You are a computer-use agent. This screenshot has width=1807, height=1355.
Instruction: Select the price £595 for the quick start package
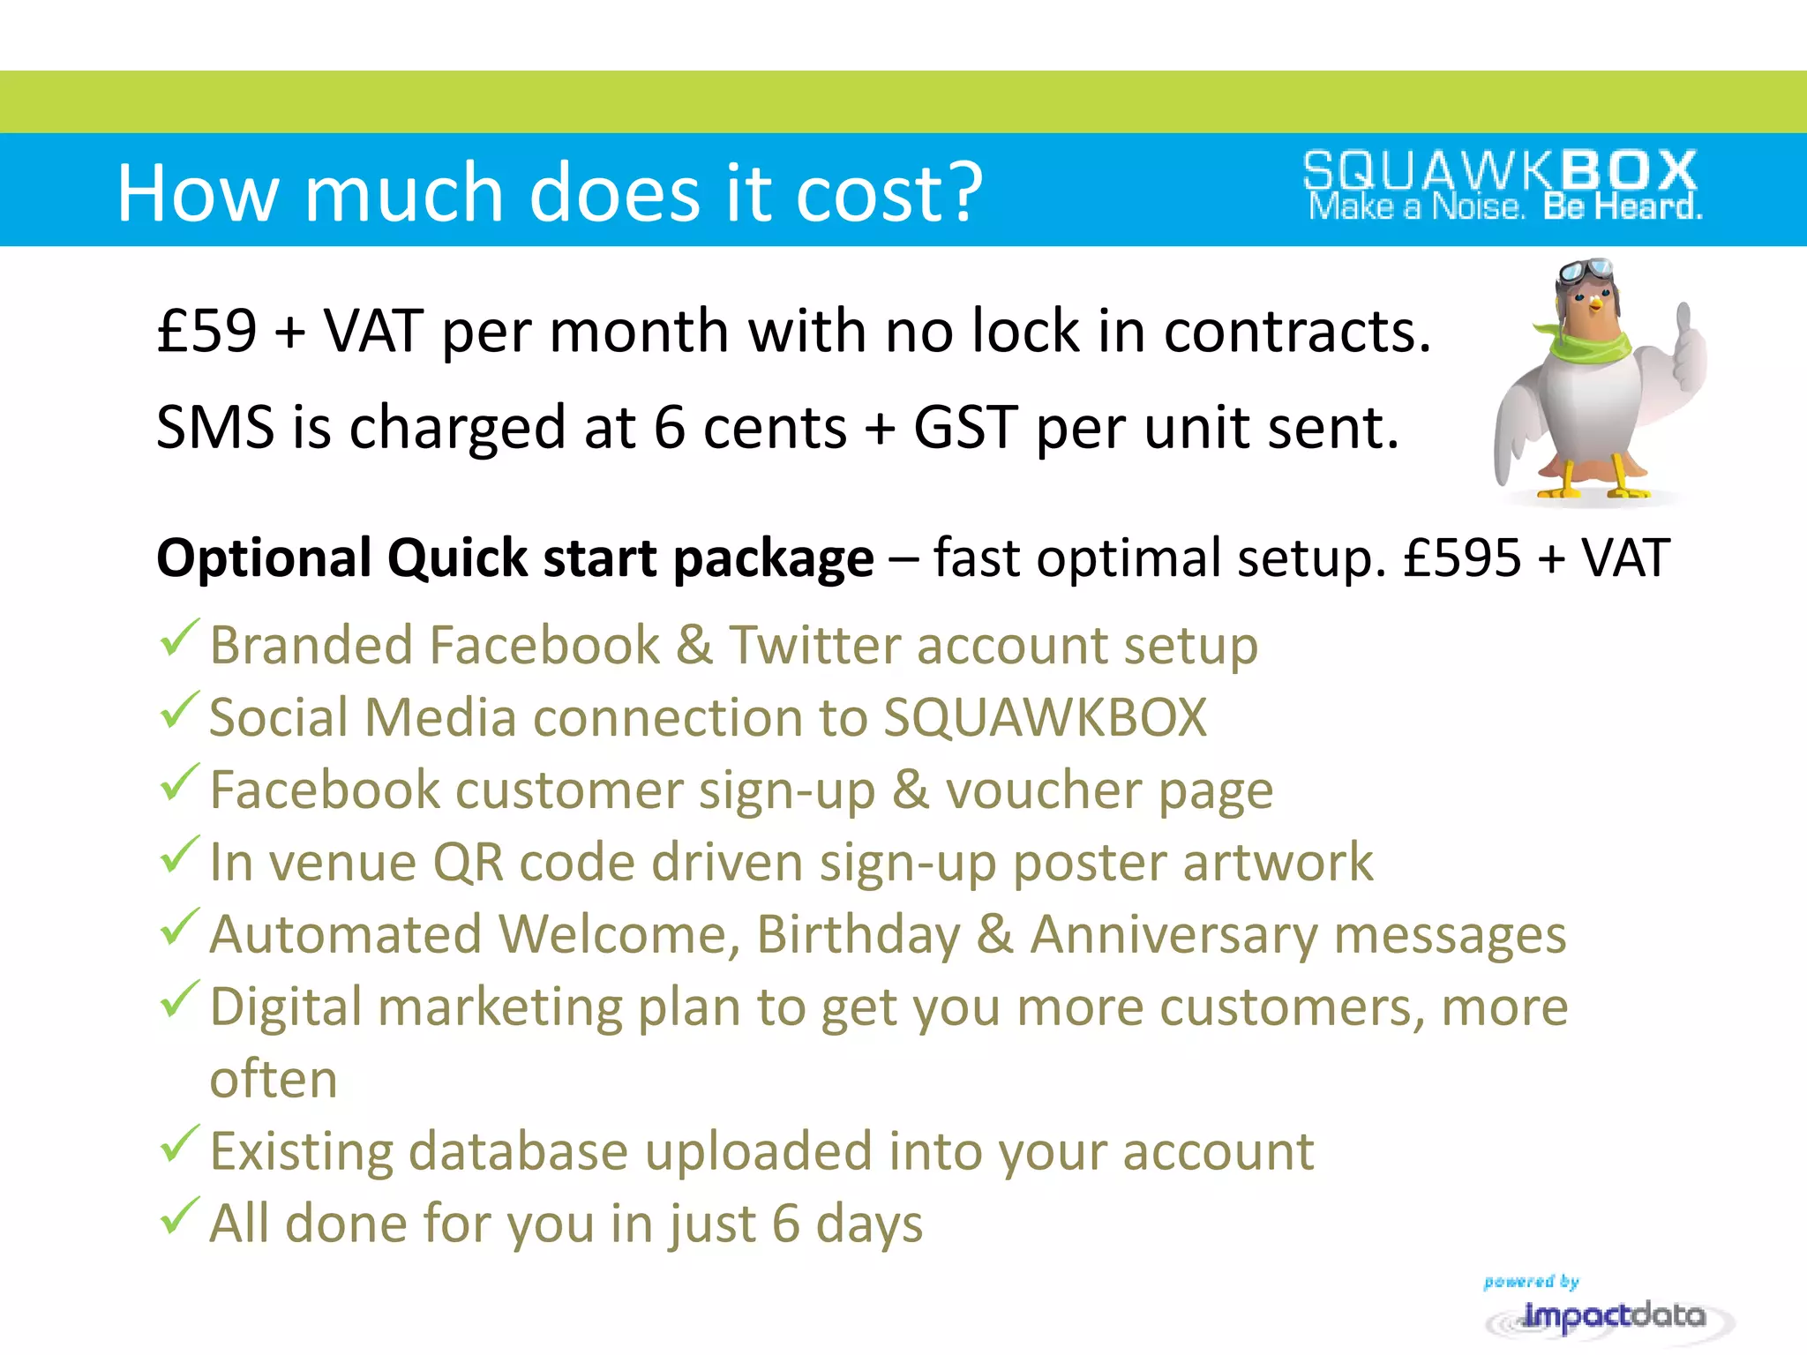tap(1462, 558)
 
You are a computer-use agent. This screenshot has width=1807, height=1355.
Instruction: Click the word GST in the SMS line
tap(965, 428)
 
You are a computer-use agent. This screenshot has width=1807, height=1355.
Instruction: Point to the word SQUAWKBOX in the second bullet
tap(1045, 718)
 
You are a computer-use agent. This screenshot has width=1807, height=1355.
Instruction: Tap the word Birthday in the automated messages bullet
tap(858, 935)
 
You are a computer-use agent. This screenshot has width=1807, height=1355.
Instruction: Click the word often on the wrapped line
tap(274, 1080)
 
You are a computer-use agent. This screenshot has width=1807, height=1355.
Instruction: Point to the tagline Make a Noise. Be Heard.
tap(1504, 208)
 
